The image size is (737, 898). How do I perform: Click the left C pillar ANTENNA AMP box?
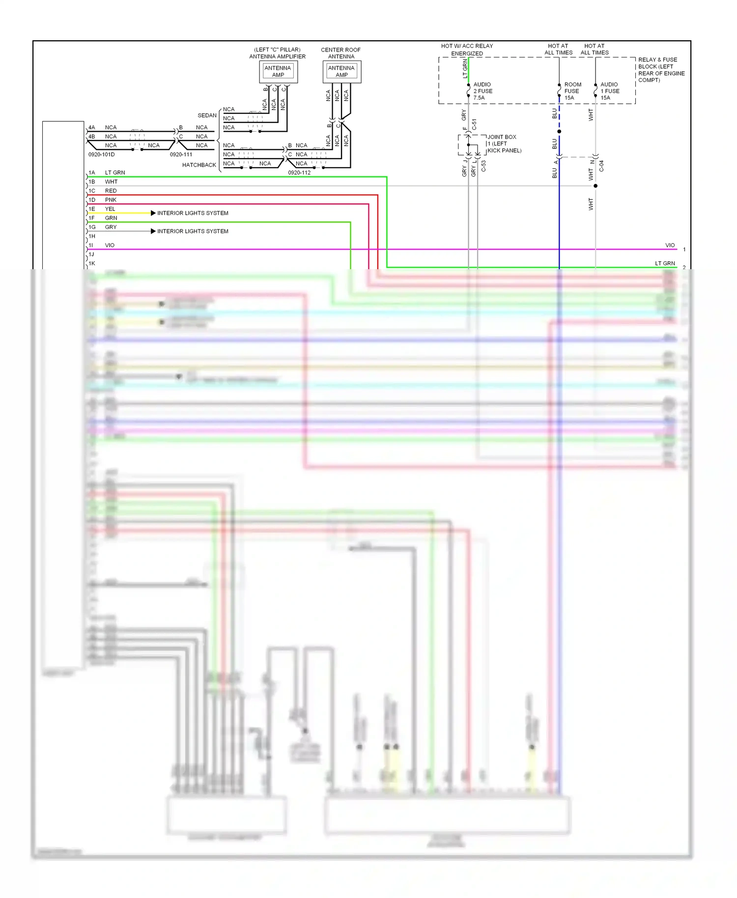coord(278,72)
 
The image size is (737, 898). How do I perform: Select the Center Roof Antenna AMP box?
coord(341,72)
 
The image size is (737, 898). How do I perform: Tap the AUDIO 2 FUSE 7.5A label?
coord(482,91)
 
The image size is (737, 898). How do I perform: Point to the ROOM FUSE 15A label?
coord(572,91)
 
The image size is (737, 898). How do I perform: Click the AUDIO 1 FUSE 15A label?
coord(609,91)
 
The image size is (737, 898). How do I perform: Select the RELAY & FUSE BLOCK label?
coord(661,70)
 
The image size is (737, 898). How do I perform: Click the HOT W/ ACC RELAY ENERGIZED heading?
coord(467,50)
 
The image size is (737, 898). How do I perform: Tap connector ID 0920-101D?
coord(101,155)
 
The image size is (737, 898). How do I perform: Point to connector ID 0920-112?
coord(299,173)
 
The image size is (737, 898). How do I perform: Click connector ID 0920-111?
coord(181,155)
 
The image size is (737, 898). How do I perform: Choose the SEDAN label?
coord(207,115)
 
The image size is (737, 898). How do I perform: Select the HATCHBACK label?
coord(199,165)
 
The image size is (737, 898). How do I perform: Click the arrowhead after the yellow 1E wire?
coord(153,213)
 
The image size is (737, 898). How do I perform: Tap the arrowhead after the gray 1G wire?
coord(153,231)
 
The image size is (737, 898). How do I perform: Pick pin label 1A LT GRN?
coord(107,173)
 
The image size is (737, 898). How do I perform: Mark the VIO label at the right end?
coord(670,246)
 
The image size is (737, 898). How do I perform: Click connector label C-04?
coord(601,166)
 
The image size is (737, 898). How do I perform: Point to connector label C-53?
coord(483,166)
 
